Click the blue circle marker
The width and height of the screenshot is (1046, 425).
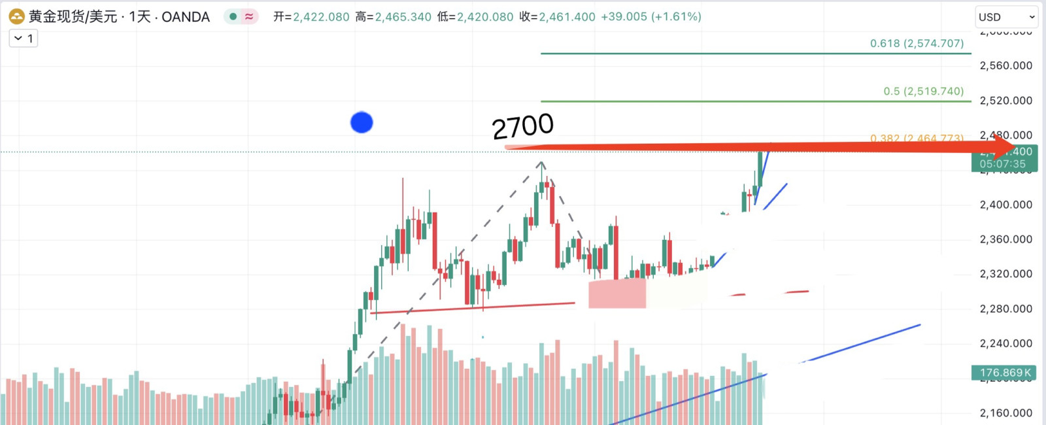pos(362,122)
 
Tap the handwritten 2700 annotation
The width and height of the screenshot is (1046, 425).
pos(523,126)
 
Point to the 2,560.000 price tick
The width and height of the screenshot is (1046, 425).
pos(1005,65)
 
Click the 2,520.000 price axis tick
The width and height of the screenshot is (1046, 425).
pos(1005,101)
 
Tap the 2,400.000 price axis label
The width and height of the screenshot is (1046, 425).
pos(1005,205)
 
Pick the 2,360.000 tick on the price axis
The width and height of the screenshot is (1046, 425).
pos(1005,239)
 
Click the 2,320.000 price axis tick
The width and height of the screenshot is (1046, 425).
pos(1005,274)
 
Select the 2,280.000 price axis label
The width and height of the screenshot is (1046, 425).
pos(1005,309)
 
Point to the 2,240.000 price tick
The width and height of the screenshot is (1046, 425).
pos(1005,343)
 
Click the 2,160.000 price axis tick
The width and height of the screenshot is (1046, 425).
pos(1005,413)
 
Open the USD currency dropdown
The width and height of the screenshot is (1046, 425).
pos(1006,17)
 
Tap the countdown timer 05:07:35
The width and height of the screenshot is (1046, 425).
pos(1002,164)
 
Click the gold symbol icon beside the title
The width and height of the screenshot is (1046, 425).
pos(16,17)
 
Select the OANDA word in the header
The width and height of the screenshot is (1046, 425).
pos(186,17)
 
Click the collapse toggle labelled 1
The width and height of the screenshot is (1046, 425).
pos(24,39)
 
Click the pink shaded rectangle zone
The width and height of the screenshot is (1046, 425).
pos(616,294)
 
